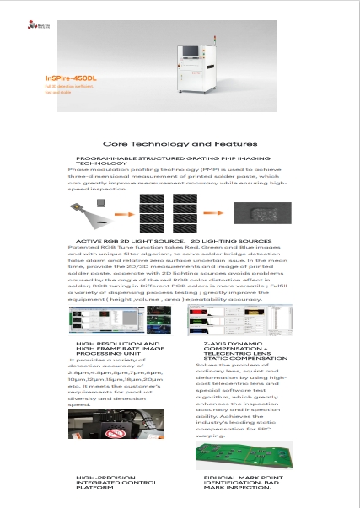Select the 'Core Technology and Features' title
point(180,144)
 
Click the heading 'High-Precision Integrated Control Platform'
point(114,481)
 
